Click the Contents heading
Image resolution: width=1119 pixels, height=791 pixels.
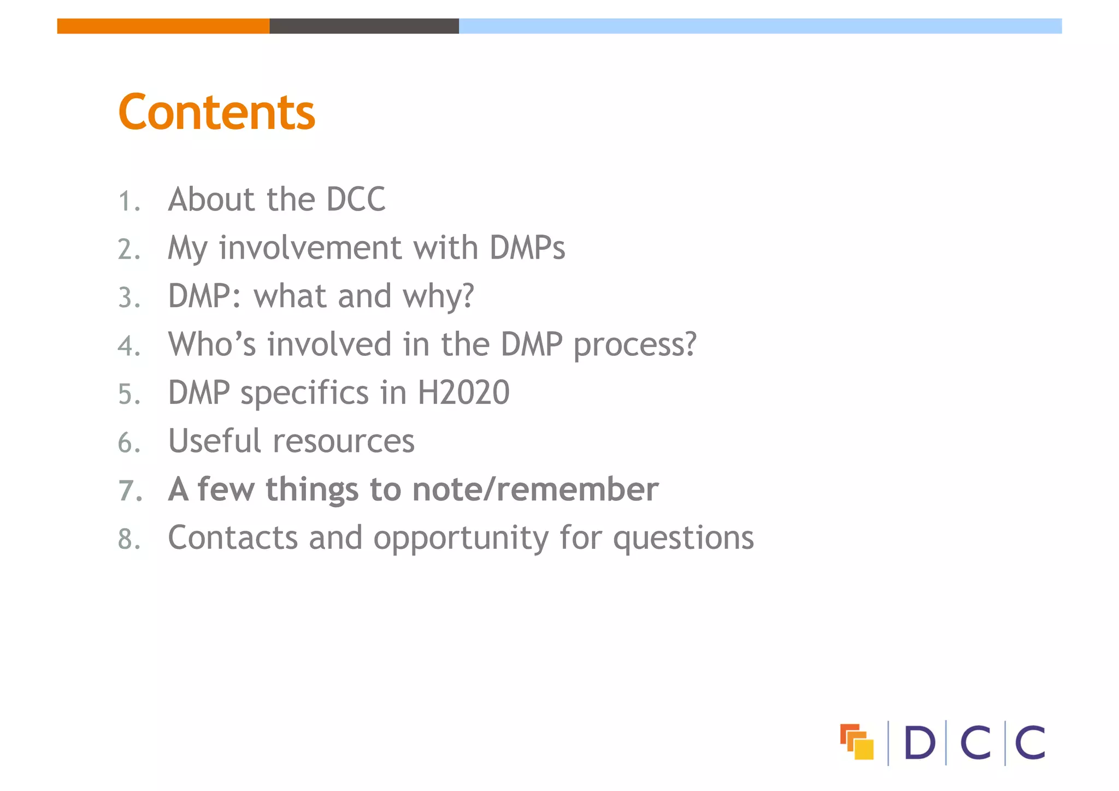tap(216, 112)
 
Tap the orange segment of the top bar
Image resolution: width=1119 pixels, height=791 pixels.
tap(163, 26)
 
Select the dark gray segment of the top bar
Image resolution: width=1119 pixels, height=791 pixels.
tap(364, 26)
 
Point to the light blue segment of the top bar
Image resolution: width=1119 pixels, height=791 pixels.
tap(759, 26)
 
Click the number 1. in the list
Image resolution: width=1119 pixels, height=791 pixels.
tap(129, 201)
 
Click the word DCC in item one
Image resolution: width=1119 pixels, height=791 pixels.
tap(356, 199)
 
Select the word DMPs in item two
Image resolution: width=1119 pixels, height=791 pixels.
tap(527, 248)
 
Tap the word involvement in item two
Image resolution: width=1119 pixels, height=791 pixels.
tap(310, 248)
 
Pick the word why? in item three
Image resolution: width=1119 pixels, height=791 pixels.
tap(438, 297)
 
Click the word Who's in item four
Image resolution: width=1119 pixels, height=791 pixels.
tap(212, 344)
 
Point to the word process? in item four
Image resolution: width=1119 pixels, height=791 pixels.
tap(635, 345)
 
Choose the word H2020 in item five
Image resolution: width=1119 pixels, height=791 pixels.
tap(463, 392)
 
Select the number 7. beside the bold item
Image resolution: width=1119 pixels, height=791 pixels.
tap(130, 490)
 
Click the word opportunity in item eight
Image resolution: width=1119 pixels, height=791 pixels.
tap(461, 539)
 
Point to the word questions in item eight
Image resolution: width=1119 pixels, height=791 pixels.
tap(683, 539)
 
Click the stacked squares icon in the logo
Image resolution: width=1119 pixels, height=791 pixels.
tap(856, 742)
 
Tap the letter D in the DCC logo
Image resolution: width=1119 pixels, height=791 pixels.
tap(919, 743)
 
